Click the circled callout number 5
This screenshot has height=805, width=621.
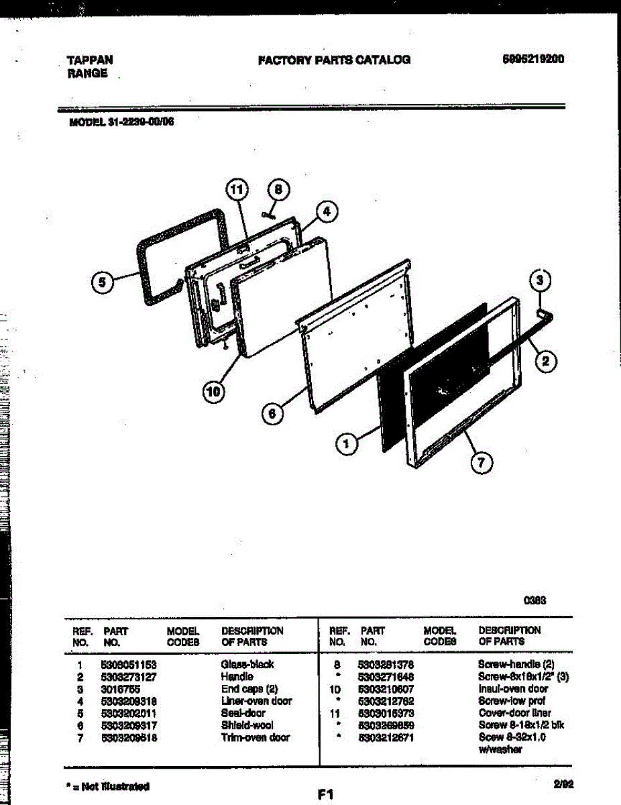click(x=102, y=282)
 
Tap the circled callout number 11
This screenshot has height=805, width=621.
click(x=235, y=191)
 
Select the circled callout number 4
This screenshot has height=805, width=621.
click(x=326, y=212)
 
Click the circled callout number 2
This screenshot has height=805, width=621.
click(x=545, y=362)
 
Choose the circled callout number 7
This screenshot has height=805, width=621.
click(x=481, y=462)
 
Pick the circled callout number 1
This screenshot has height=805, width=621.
click(x=346, y=443)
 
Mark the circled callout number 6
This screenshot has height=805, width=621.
click(x=272, y=415)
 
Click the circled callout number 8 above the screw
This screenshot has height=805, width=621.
click(x=280, y=191)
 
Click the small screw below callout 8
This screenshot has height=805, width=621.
click(x=268, y=215)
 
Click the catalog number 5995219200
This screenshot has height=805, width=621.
click(x=533, y=59)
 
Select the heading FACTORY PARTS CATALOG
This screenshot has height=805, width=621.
click(x=334, y=60)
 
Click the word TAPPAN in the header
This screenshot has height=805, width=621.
click(x=90, y=60)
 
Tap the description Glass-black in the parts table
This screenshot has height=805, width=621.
click(x=247, y=664)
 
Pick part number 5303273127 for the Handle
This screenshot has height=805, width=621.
click(x=129, y=677)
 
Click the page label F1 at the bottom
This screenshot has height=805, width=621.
click(x=326, y=794)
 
